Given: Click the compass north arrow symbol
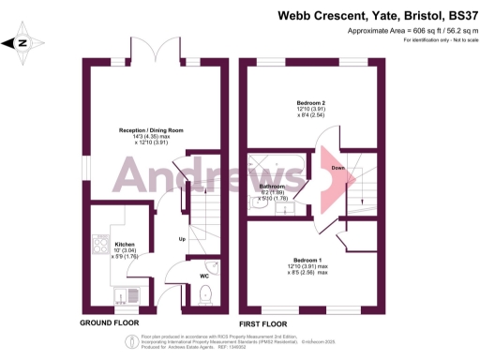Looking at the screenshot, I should click(23, 42).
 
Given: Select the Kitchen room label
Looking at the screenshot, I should click(125, 242).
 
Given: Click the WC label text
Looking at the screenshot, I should click(204, 276).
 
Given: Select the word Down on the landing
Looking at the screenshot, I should click(337, 169).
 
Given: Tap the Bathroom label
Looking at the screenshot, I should click(272, 187).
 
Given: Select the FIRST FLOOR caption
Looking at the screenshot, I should click(263, 323).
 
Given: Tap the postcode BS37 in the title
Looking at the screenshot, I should click(456, 14).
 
